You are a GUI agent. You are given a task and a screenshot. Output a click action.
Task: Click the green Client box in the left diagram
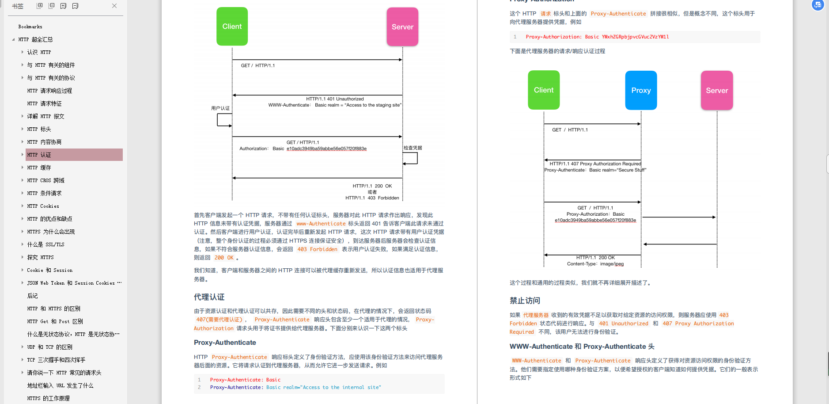pos(232,27)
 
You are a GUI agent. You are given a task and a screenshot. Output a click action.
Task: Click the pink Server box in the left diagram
pos(402,27)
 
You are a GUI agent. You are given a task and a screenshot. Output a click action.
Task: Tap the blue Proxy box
pos(641,90)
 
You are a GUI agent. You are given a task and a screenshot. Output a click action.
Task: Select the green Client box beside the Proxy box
pos(544,90)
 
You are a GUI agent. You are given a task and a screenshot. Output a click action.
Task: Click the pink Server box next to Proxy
pos(717,91)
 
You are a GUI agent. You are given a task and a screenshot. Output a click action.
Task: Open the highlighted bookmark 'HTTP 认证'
pos(39,155)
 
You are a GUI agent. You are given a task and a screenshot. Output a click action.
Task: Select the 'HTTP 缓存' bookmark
pos(39,168)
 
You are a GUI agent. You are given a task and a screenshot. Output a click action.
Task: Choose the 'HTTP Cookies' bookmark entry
pos(43,206)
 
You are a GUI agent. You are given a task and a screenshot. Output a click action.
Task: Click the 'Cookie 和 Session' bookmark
pos(49,270)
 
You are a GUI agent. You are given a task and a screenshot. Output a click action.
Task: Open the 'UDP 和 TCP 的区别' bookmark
pos(49,347)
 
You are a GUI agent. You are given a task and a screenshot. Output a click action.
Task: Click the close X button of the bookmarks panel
pos(114,6)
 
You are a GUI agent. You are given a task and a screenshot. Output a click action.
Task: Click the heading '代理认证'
pos(209,297)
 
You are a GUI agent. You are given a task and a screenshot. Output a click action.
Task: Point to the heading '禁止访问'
pos(525,301)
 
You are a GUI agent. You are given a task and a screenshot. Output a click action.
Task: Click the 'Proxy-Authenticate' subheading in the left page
pos(225,343)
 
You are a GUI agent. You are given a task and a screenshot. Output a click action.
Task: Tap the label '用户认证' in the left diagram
pos(220,108)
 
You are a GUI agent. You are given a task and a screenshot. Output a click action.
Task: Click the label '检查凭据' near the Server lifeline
pos(413,148)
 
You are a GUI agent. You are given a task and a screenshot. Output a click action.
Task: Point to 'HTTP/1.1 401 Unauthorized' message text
pos(335,99)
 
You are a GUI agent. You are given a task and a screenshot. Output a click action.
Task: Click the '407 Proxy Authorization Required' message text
pos(595,164)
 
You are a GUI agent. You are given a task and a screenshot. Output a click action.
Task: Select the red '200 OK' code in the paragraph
pos(224,258)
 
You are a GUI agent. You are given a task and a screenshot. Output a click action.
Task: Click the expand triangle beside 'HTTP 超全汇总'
pos(14,39)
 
